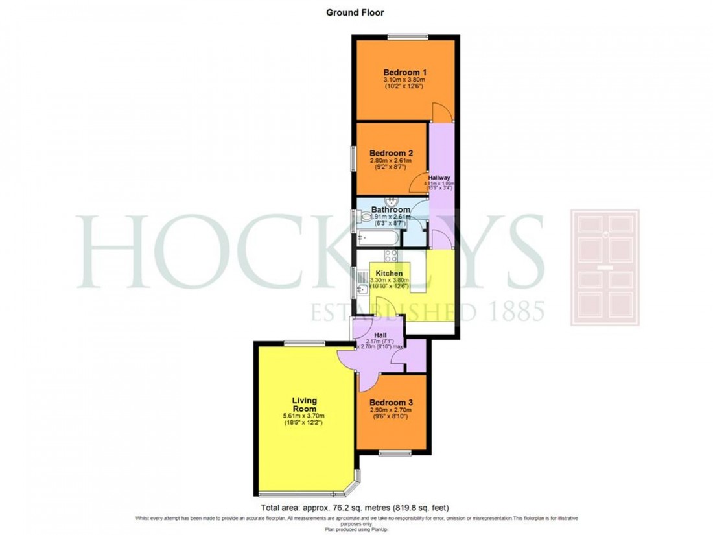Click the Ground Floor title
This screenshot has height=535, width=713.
(356, 12)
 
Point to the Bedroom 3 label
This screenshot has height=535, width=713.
(391, 402)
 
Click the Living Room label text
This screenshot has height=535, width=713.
(303, 405)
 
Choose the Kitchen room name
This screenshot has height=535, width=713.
(390, 274)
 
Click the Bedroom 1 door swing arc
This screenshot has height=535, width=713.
(439, 112)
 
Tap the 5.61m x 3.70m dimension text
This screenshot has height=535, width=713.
(303, 416)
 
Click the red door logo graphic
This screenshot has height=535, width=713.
(605, 267)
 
